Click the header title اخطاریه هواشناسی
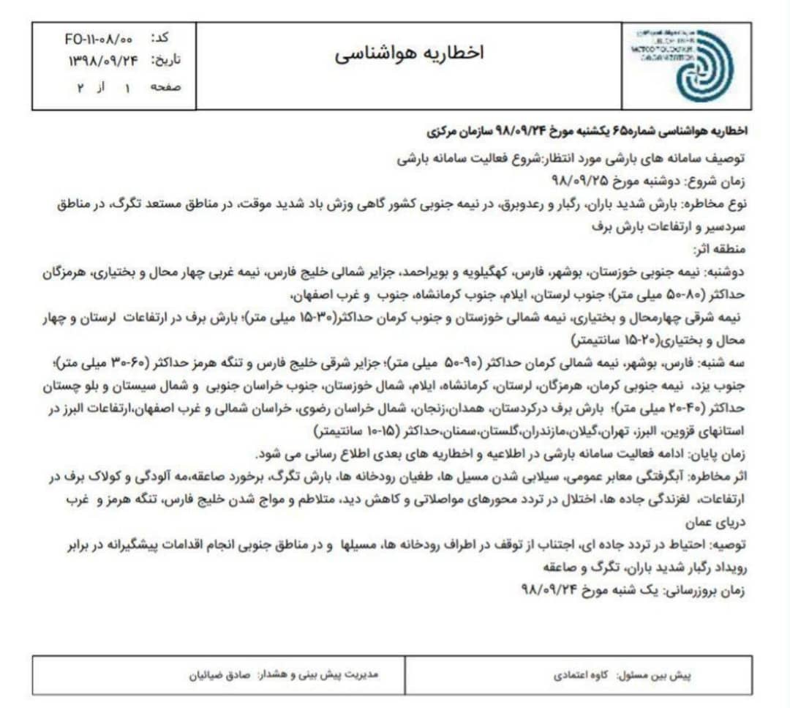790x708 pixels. (410, 53)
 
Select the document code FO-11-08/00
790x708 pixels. (98, 37)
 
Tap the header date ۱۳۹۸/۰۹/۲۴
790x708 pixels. (102, 61)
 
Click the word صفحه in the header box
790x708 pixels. (165, 87)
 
